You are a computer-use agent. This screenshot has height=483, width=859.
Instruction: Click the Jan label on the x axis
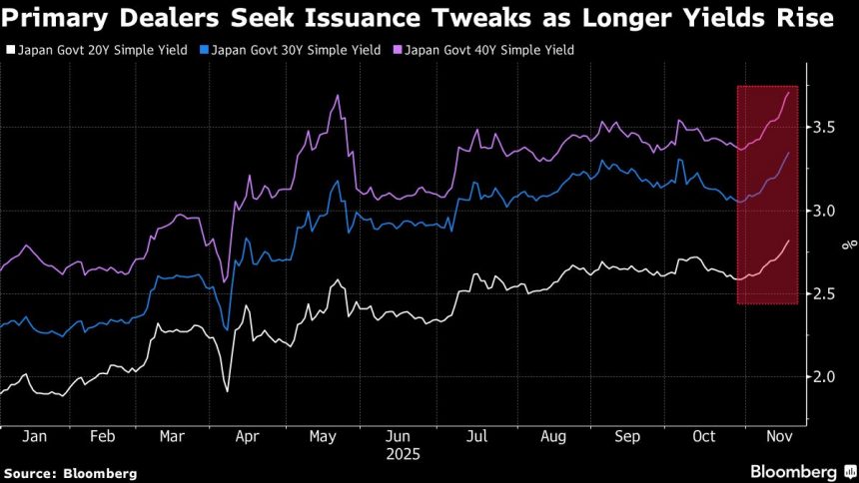click(35, 437)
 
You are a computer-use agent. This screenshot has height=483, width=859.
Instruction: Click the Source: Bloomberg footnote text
click(70, 472)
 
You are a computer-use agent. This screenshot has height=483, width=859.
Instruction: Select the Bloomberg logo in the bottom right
click(794, 470)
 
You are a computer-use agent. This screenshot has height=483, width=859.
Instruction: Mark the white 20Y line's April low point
click(227, 390)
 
